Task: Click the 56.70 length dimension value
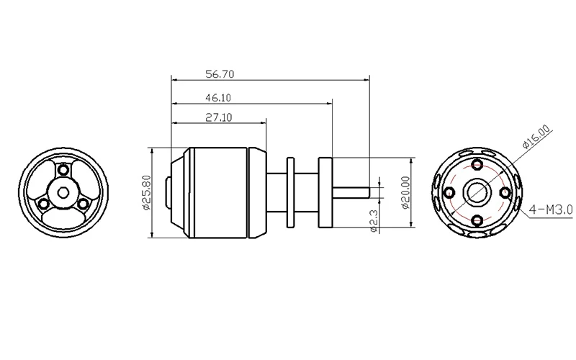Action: click(x=220, y=74)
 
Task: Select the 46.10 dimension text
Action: click(x=218, y=98)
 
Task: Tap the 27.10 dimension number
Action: click(x=219, y=117)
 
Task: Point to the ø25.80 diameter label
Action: click(x=146, y=192)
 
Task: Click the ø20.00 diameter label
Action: click(x=405, y=192)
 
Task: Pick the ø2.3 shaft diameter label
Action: click(x=374, y=221)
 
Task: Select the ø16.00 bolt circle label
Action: click(x=536, y=137)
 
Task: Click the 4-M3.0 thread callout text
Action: click(x=551, y=210)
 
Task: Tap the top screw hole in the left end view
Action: click(x=63, y=169)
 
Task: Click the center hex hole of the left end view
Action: click(x=63, y=192)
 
